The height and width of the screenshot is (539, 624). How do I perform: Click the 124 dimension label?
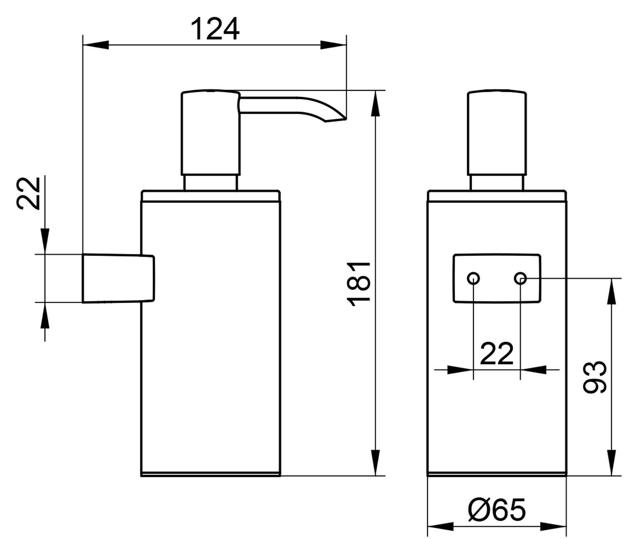215,29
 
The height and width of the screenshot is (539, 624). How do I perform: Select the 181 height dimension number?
359,285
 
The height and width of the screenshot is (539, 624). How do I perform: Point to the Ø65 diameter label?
497,508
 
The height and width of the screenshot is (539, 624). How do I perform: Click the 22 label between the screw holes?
497,353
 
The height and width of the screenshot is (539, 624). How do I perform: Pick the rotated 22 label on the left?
28,194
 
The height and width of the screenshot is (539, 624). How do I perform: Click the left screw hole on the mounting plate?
473,278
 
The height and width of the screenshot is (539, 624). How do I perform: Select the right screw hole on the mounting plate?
520,278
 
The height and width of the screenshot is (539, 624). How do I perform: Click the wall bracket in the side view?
118,278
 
